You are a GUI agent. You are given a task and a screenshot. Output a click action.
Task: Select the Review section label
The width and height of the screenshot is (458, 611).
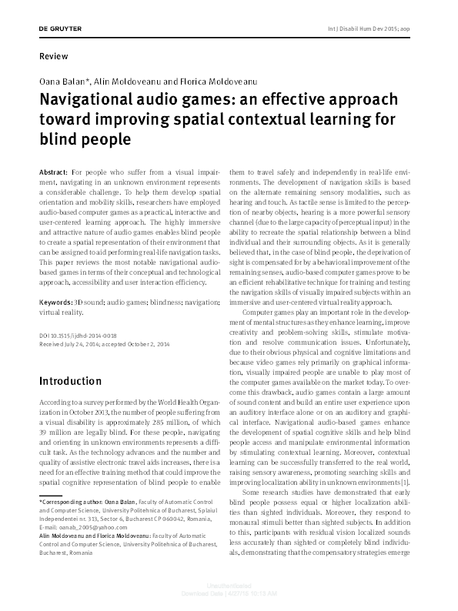[52, 56]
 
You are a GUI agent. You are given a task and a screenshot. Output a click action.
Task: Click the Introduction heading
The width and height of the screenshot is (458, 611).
[70, 381]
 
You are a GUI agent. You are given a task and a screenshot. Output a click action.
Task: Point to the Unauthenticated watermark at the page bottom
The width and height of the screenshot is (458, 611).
[229, 595]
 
